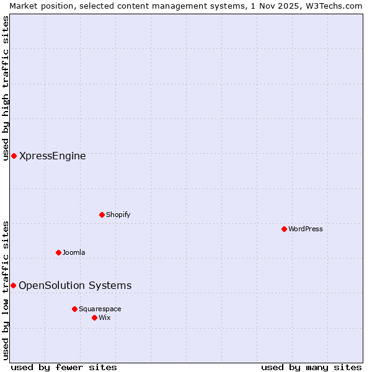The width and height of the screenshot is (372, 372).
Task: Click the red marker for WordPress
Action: (x=284, y=229)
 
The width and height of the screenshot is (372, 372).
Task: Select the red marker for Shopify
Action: (x=102, y=215)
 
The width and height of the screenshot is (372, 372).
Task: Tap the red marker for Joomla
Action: (x=58, y=252)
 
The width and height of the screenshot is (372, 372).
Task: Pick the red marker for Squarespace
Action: (x=74, y=309)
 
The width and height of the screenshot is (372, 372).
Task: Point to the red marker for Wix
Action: (x=94, y=317)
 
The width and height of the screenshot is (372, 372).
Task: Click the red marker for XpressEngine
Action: (x=14, y=156)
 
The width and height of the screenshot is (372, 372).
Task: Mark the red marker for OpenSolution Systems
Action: (x=13, y=285)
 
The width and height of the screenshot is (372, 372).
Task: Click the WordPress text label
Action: (x=306, y=229)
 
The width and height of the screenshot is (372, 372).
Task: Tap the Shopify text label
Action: (x=118, y=215)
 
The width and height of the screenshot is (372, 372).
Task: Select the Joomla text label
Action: (x=74, y=252)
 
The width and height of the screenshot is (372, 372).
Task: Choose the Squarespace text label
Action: (x=100, y=309)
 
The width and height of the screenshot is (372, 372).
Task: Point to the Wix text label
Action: (x=105, y=317)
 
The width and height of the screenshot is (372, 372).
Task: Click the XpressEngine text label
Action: (x=53, y=156)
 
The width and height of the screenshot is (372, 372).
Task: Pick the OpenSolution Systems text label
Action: (x=75, y=285)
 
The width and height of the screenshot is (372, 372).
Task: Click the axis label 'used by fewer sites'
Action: (x=64, y=367)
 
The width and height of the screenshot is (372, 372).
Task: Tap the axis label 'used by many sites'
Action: (x=311, y=367)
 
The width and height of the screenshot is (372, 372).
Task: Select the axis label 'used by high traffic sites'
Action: (x=6, y=88)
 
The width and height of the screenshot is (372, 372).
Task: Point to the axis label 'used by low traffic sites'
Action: (x=6, y=290)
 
